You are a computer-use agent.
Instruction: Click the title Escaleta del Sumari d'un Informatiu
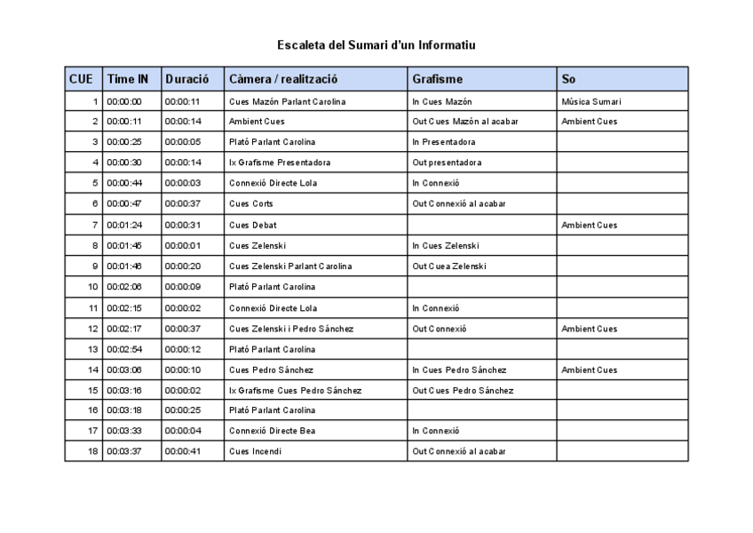click(x=376, y=44)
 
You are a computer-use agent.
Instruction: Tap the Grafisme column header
click(x=438, y=79)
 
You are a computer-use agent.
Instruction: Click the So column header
click(x=568, y=79)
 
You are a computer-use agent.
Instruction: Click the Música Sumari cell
click(x=592, y=101)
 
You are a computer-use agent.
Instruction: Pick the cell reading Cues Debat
click(x=253, y=225)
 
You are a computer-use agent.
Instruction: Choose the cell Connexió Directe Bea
click(x=272, y=431)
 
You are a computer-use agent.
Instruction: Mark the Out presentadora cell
click(x=448, y=163)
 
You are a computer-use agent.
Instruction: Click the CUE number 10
click(x=92, y=287)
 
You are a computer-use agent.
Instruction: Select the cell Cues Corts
click(x=251, y=204)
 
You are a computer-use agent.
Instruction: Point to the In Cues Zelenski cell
click(x=446, y=245)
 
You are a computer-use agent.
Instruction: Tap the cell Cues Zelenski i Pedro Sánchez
click(x=291, y=329)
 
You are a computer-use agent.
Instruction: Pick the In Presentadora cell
click(x=443, y=142)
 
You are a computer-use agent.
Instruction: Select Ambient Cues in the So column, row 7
click(x=590, y=225)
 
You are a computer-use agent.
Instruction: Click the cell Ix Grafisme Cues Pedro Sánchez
click(x=295, y=390)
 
